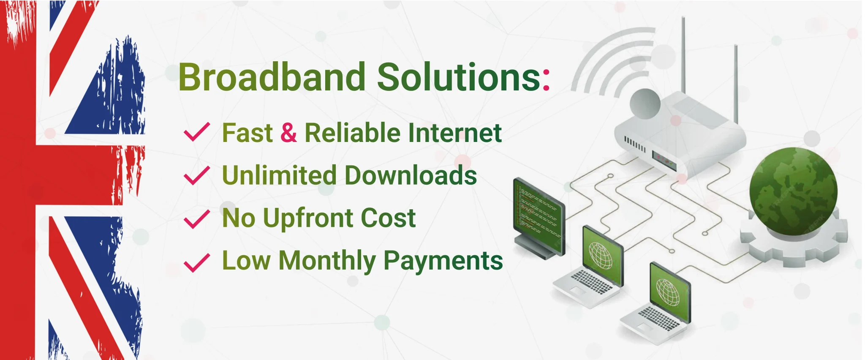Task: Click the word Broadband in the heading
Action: click(x=272, y=77)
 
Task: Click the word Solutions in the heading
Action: click(x=459, y=77)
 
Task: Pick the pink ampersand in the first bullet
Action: click(x=288, y=133)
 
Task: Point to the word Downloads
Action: click(x=411, y=175)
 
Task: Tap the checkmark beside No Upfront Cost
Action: click(x=197, y=219)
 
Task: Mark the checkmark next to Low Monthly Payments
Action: click(x=197, y=263)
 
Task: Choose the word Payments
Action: click(x=443, y=261)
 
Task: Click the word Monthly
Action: click(x=327, y=261)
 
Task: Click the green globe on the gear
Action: click(x=793, y=191)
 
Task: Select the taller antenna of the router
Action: click(x=683, y=55)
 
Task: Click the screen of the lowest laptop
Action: click(x=670, y=291)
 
